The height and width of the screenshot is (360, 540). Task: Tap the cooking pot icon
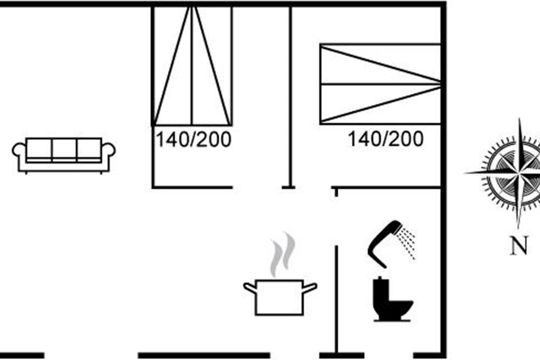(279, 297)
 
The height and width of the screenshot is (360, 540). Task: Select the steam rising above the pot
(282, 254)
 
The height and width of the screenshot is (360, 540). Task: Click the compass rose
(517, 172)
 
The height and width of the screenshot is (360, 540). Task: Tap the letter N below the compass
(518, 246)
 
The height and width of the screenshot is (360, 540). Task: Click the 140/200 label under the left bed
(193, 140)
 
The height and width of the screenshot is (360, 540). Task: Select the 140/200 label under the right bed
(385, 139)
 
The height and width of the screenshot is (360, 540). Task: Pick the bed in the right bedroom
(380, 84)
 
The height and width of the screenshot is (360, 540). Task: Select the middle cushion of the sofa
(64, 149)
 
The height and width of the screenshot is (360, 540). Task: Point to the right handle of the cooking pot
(310, 287)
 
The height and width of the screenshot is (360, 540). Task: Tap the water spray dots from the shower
(408, 243)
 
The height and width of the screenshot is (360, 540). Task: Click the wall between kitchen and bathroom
(336, 297)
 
